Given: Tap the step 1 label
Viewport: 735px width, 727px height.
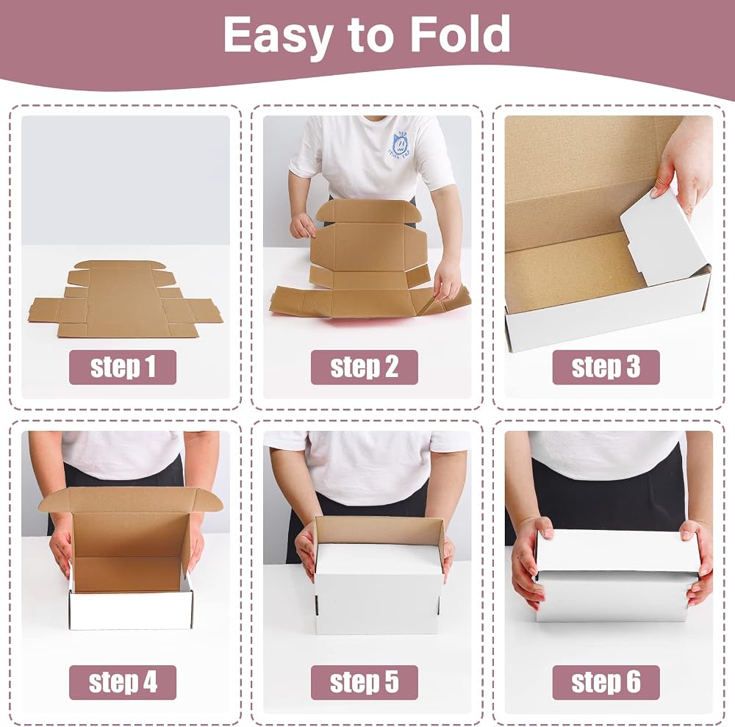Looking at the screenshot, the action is pyautogui.click(x=123, y=367).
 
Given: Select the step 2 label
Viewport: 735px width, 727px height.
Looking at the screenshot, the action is pyautogui.click(x=365, y=367).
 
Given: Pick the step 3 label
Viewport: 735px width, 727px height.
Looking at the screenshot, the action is pyautogui.click(x=606, y=367).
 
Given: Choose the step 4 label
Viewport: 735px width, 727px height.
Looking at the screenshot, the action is pyautogui.click(x=123, y=682).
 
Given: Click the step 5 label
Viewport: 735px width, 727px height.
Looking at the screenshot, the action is pyautogui.click(x=365, y=682).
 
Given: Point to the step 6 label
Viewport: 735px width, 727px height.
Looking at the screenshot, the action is pyautogui.click(x=606, y=682).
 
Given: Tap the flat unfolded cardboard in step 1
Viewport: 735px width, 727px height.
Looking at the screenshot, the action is pyautogui.click(x=125, y=298).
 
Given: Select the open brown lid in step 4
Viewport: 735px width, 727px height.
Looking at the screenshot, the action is pyautogui.click(x=130, y=500).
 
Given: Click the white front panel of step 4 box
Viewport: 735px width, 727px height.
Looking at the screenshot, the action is pyautogui.click(x=130, y=610).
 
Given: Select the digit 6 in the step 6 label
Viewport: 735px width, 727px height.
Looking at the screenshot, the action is pyautogui.click(x=633, y=682).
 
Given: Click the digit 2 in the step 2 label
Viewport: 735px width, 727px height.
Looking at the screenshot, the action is pyautogui.click(x=390, y=367).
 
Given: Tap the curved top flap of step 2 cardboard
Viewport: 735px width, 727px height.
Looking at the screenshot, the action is pyautogui.click(x=365, y=212).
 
